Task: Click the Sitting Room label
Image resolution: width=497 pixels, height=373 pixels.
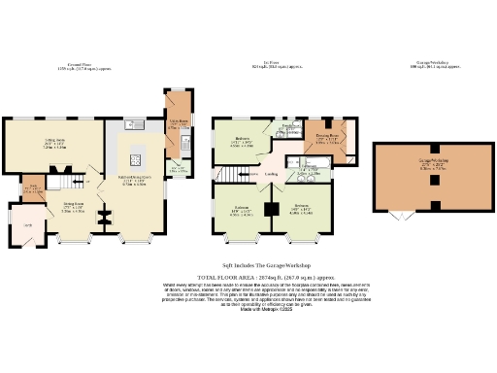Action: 40,143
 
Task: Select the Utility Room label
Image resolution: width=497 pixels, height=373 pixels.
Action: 178,122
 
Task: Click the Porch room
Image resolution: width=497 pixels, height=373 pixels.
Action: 28,225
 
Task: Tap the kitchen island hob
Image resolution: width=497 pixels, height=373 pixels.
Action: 136,160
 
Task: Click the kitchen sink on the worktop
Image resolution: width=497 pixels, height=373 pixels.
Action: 134,124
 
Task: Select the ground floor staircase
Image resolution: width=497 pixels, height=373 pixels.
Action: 65,182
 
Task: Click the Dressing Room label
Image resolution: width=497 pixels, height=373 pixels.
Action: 326,136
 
